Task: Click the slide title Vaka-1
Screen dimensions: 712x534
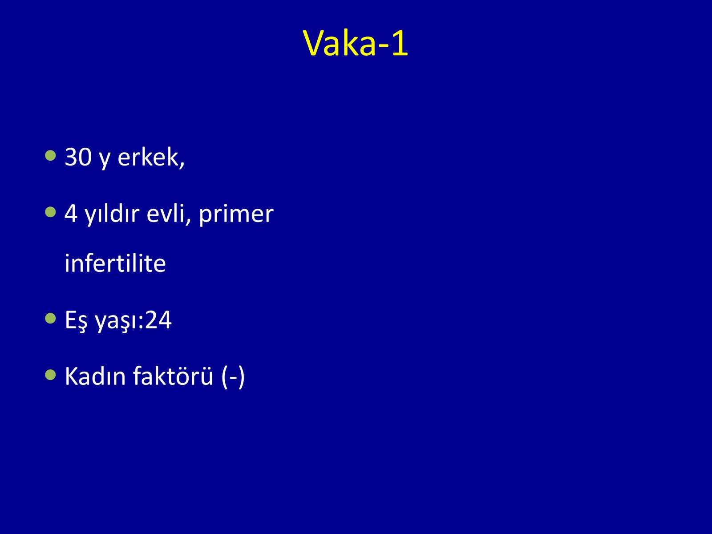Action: pos(356,44)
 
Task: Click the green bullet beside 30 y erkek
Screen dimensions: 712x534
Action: pos(51,156)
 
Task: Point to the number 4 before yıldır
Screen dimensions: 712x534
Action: pos(71,214)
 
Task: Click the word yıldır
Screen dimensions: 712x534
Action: pos(112,214)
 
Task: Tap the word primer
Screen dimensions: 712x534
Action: pos(236,215)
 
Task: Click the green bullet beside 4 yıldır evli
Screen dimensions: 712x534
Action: pos(51,213)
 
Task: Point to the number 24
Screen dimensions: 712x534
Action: pos(158,320)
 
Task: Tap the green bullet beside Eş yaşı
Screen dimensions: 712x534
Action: pos(51,318)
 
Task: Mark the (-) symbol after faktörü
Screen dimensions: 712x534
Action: pos(233,376)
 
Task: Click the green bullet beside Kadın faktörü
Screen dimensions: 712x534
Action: pos(51,375)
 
